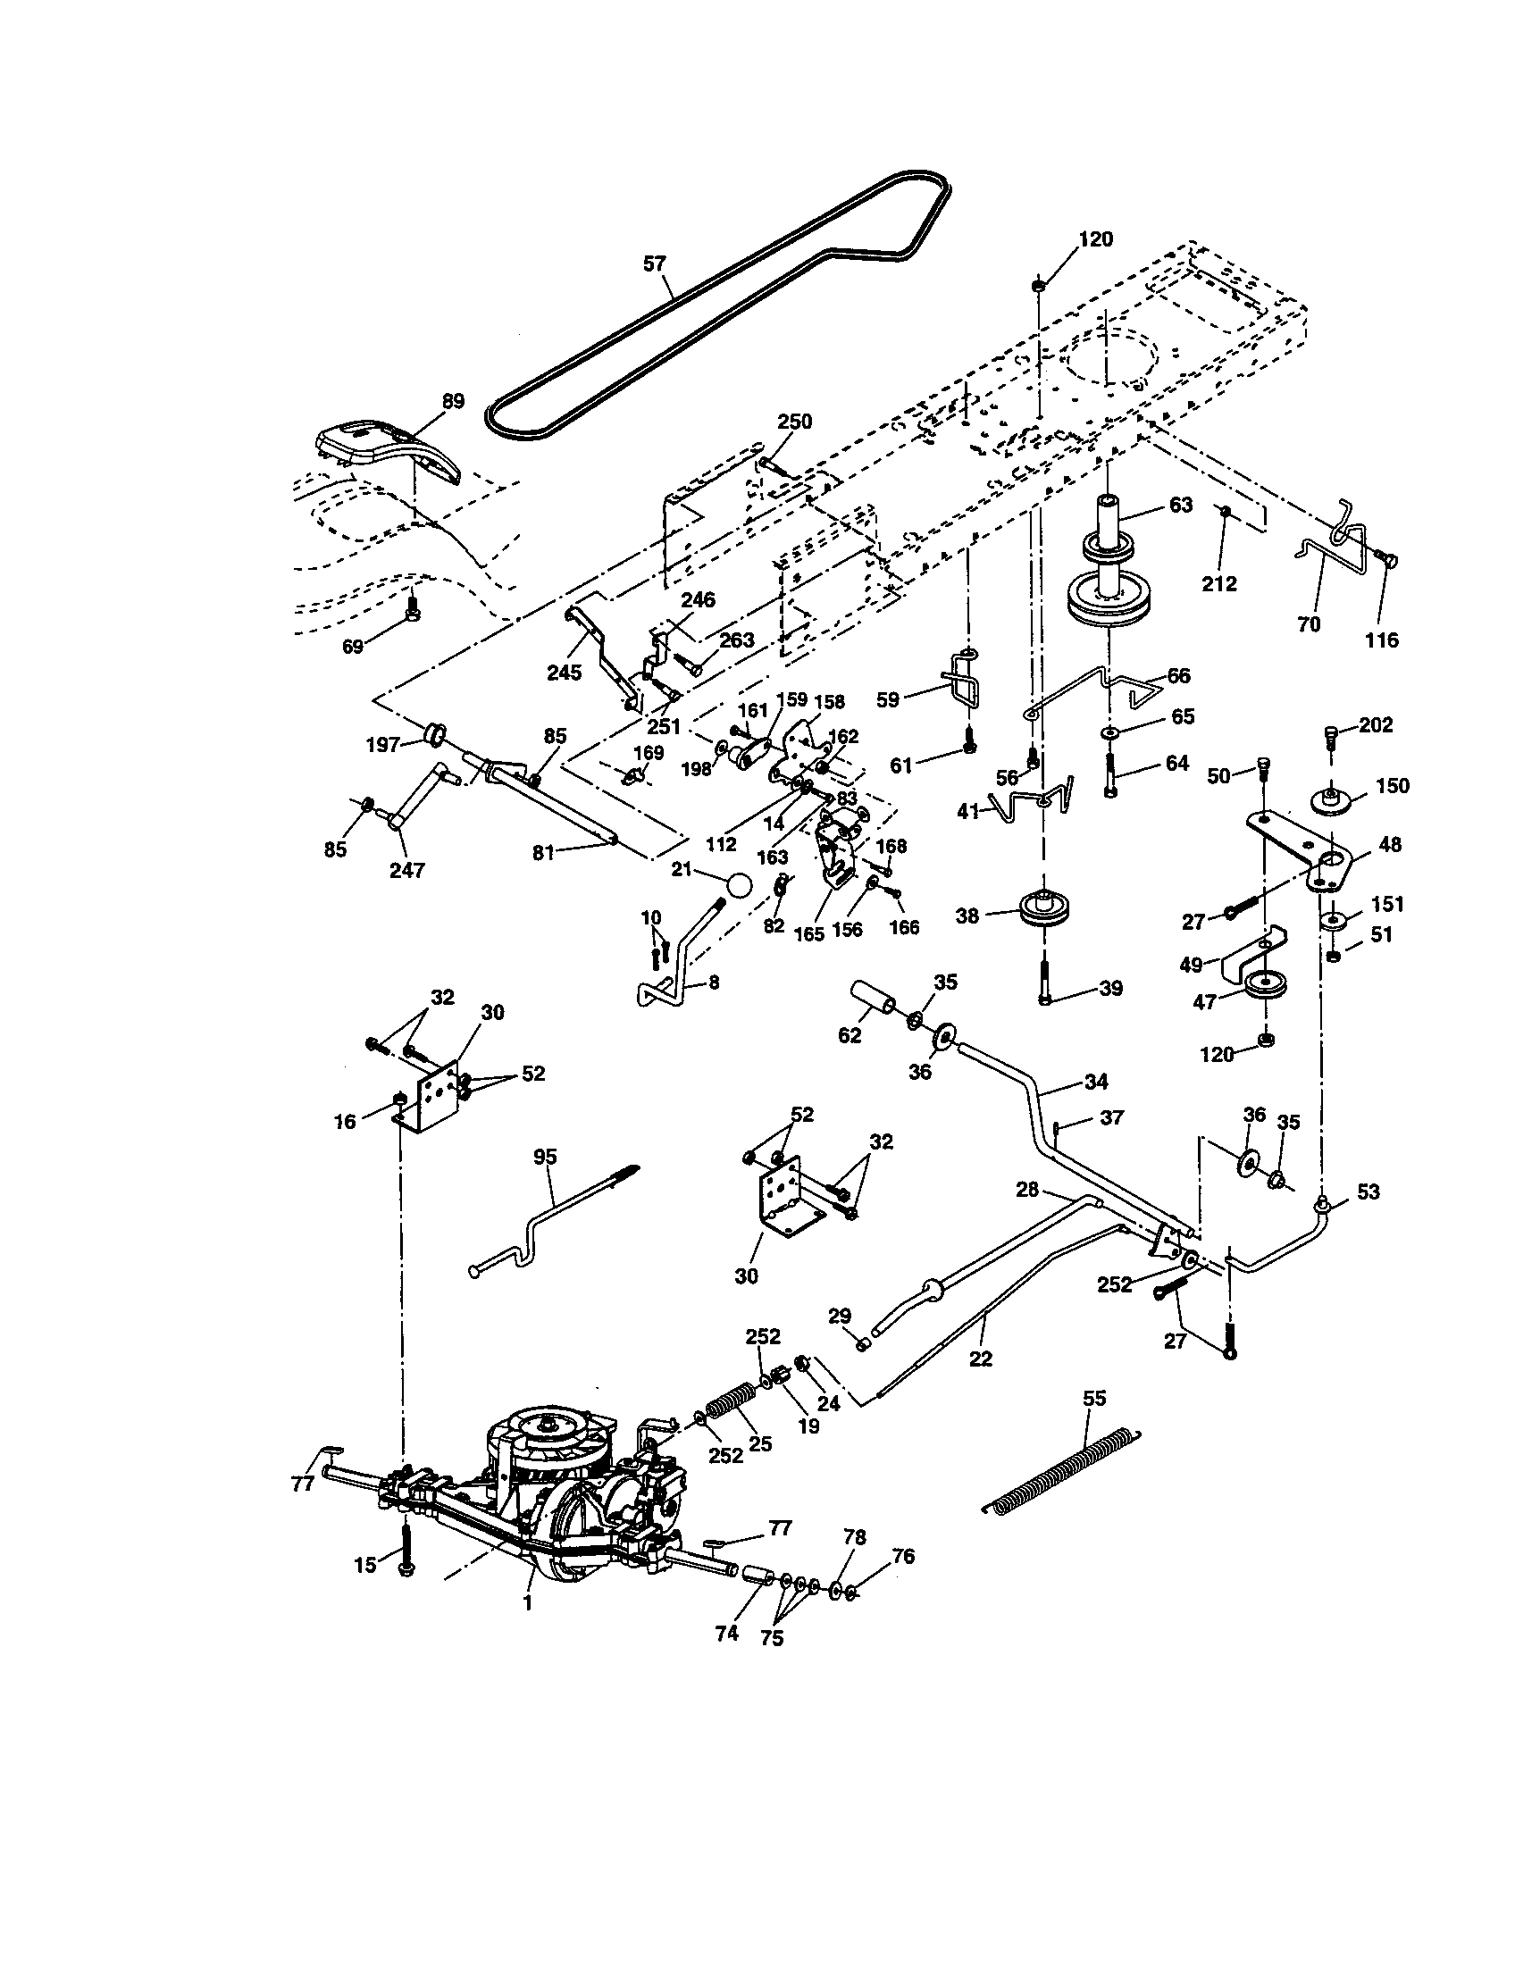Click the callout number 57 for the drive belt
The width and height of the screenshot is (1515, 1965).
[654, 263]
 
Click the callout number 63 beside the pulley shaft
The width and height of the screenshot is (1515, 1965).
[1180, 505]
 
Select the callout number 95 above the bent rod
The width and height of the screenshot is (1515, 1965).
[545, 1157]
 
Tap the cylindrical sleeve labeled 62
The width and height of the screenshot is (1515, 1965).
[871, 999]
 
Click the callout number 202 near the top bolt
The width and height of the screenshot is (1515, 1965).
[1375, 724]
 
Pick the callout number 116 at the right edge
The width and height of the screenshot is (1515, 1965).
[1382, 640]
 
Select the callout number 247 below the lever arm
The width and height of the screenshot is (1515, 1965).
[406, 870]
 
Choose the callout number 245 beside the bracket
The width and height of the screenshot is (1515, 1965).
[564, 672]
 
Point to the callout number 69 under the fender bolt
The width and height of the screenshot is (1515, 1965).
[353, 646]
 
